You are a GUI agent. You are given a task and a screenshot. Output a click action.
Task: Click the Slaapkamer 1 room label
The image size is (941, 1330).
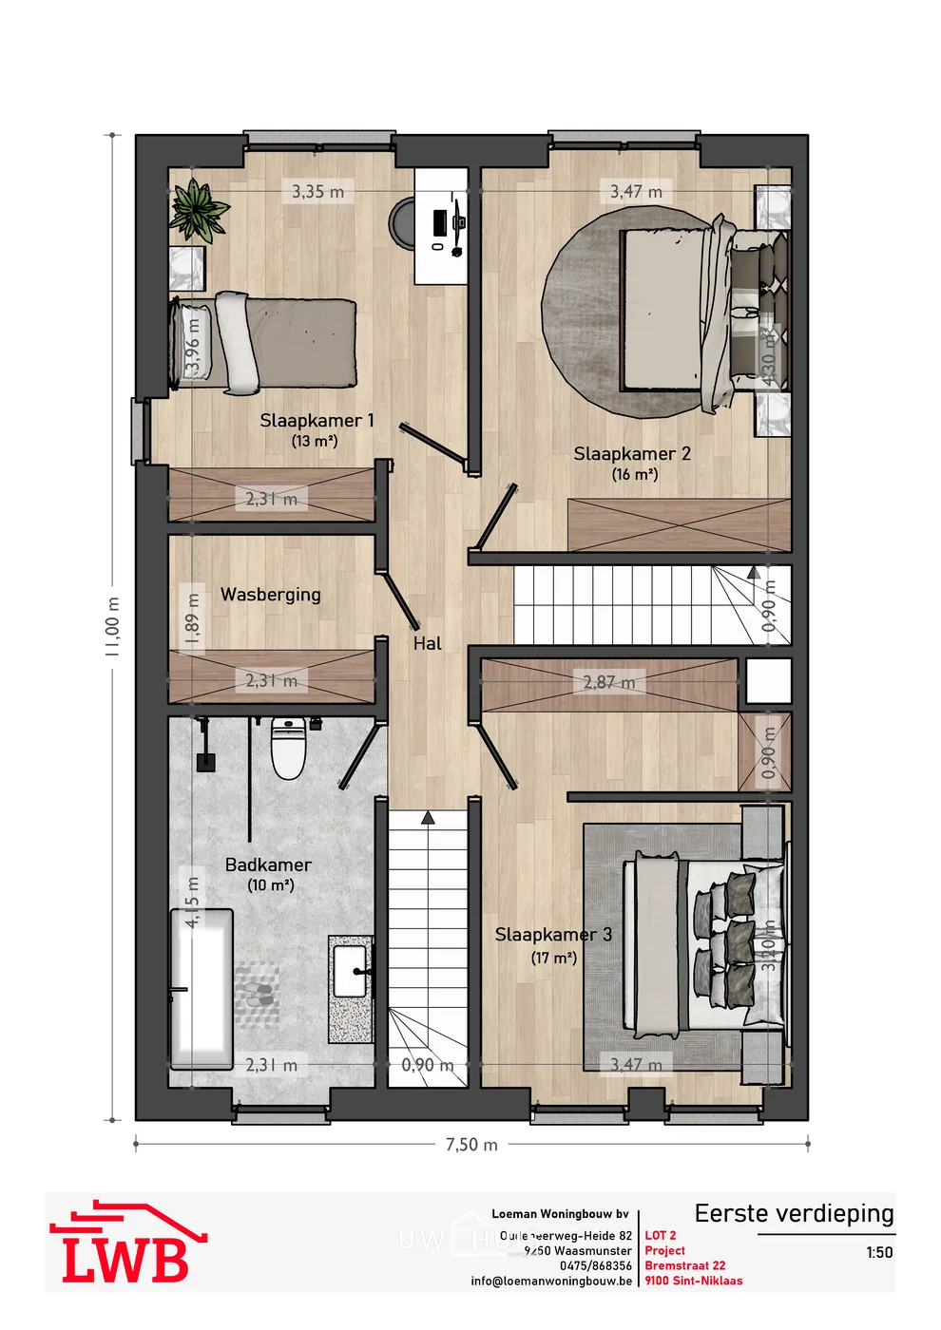[317, 421]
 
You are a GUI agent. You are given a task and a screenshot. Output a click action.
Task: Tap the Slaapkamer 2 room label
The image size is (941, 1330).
[632, 454]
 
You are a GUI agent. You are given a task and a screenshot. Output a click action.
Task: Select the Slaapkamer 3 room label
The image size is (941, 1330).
[553, 935]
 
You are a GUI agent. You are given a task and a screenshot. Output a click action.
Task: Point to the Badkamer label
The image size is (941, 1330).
[268, 865]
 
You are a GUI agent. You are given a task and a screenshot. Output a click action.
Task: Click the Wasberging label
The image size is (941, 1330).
[270, 595]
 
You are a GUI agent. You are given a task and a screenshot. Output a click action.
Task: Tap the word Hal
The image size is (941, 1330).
[428, 644]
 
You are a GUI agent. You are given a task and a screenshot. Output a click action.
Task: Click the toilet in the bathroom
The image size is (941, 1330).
[287, 749]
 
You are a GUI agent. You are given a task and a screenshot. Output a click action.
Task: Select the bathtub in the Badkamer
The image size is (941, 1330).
[202, 988]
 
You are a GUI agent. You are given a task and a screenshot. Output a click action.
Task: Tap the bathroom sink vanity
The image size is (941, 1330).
[351, 988]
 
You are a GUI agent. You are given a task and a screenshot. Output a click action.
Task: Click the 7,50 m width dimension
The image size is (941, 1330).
[471, 1145]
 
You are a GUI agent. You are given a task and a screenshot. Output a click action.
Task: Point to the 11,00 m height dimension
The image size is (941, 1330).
[113, 627]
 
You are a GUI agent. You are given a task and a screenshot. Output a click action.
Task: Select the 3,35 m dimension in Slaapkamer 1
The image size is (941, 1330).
[317, 192]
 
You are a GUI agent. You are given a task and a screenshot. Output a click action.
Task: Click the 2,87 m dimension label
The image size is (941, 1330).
[609, 682]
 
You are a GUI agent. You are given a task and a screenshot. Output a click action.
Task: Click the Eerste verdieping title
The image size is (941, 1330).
[794, 1214]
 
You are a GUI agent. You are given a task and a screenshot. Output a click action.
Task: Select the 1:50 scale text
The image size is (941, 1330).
[879, 1253]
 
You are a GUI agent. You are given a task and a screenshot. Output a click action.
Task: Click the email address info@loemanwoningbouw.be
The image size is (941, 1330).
[551, 1281]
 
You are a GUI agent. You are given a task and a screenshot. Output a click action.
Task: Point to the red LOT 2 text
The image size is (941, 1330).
[661, 1236]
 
